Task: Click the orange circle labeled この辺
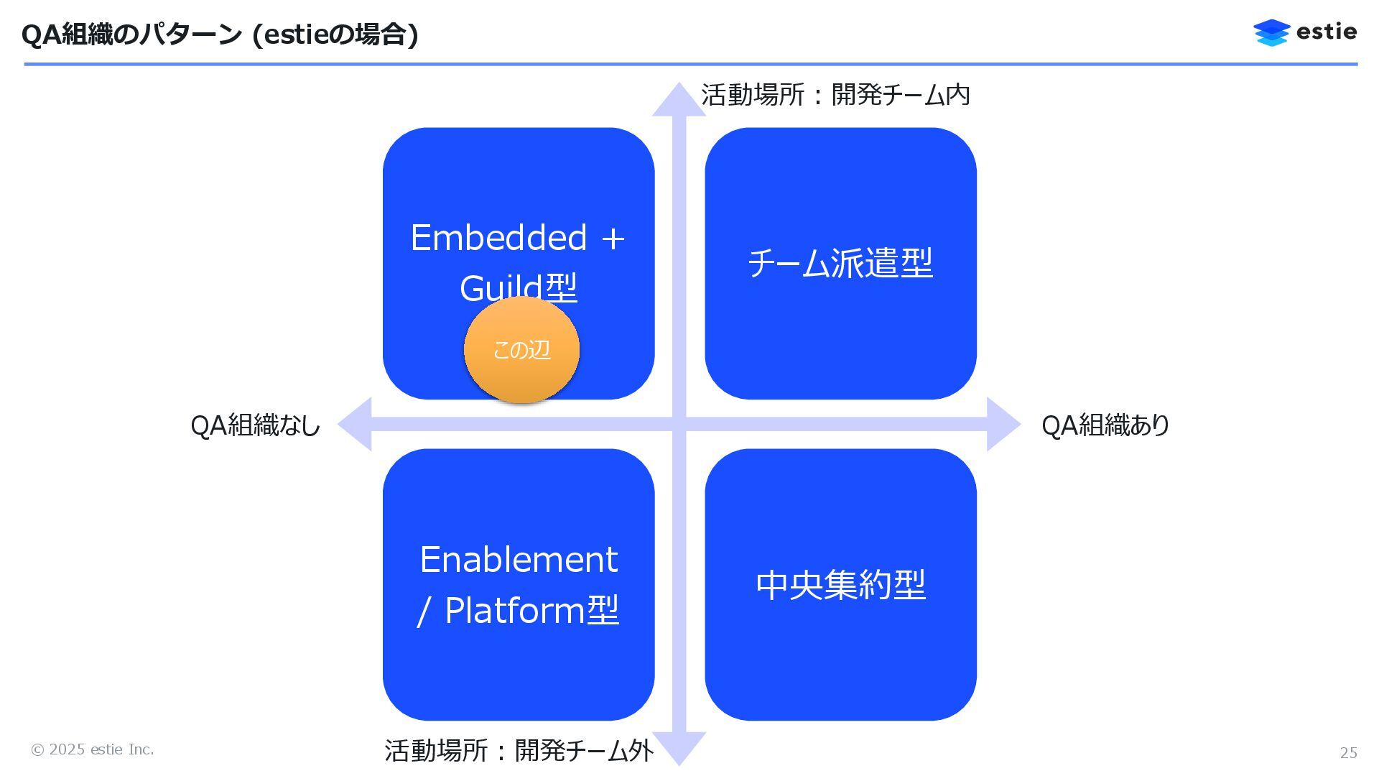[521, 350]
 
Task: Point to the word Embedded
[498, 238]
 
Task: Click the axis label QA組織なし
[255, 425]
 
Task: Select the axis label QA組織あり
[1105, 425]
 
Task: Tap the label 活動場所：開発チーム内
[835, 95]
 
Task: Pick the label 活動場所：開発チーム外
[519, 751]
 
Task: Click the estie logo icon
[1271, 32]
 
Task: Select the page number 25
[1348, 752]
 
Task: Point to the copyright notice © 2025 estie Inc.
[92, 749]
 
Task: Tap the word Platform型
[531, 611]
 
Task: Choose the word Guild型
[519, 288]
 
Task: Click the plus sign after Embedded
[613, 239]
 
